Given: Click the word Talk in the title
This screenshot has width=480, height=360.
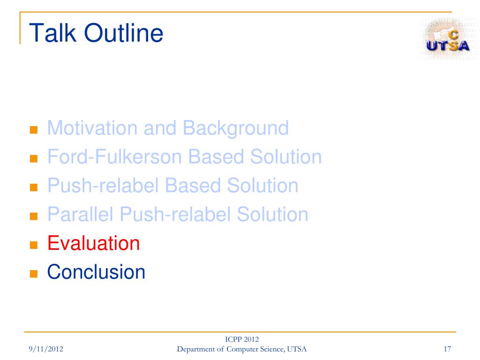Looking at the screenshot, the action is coord(52,33).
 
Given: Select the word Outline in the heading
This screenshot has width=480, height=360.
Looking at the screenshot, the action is coord(124,33).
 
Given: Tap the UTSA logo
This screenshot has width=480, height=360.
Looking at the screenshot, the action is coord(447,38).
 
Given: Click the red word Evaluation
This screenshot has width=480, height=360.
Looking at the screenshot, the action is coord(93,243).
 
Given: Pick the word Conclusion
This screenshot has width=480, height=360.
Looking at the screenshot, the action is coord(96,272).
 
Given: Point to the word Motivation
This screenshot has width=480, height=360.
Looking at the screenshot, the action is coord(92,127).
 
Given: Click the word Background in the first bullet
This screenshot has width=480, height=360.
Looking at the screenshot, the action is coord(236,128).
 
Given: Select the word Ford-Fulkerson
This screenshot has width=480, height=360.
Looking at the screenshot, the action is coord(115,157).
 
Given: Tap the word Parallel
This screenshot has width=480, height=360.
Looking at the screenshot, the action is coord(81,214).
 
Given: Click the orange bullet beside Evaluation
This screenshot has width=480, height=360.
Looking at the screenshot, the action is coord(34,245).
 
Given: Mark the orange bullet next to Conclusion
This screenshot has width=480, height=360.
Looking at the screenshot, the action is coord(34,274).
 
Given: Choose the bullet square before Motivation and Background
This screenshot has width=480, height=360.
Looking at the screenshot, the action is coord(34,130).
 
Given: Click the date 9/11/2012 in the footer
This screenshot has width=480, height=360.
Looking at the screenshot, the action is coord(46,349).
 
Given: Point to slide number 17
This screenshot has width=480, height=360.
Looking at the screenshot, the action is coord(447,349).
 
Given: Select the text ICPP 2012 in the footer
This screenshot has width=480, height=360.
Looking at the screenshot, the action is coord(242,339).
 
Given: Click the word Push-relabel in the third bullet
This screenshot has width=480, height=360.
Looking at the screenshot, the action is coord(103,185).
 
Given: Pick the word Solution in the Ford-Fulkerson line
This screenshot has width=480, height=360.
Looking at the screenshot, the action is coord(286,157).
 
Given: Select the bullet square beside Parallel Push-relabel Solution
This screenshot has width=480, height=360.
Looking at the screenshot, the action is coord(34,216).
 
